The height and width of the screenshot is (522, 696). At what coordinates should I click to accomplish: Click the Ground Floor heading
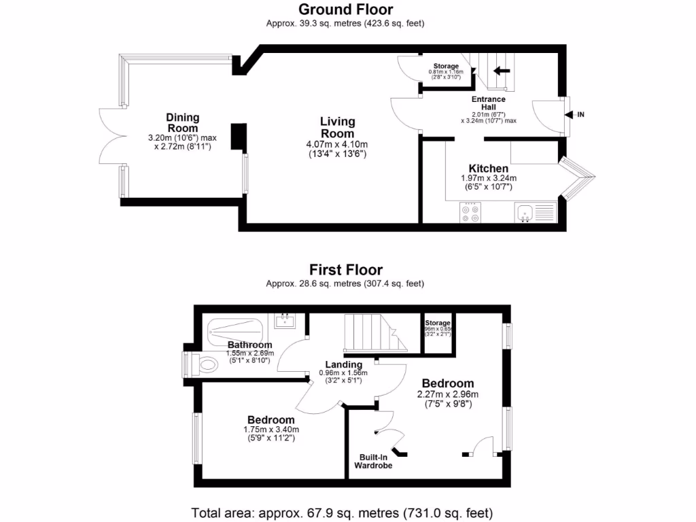pyautogui.click(x=345, y=10)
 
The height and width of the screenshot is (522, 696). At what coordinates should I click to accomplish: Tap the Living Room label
pyautogui.click(x=338, y=127)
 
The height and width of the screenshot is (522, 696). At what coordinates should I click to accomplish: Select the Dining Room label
pyautogui.click(x=182, y=122)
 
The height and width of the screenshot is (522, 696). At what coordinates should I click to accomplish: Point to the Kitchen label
pyautogui.click(x=488, y=169)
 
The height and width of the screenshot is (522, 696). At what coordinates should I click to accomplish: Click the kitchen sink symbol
pyautogui.click(x=524, y=213)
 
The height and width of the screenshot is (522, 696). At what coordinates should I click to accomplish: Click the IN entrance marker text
pyautogui.click(x=580, y=115)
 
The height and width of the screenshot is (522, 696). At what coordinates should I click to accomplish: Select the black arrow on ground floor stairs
pyautogui.click(x=503, y=70)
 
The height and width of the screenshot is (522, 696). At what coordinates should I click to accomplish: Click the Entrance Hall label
pyautogui.click(x=489, y=103)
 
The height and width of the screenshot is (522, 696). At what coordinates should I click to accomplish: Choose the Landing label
pyautogui.click(x=343, y=364)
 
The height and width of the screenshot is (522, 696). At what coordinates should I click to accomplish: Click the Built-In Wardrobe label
pyautogui.click(x=373, y=462)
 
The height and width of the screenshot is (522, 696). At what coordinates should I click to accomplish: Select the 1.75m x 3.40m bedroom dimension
pyautogui.click(x=271, y=430)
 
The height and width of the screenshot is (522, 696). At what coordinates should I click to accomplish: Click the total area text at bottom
pyautogui.click(x=342, y=512)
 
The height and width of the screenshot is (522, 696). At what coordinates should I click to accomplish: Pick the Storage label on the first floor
pyautogui.click(x=438, y=323)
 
